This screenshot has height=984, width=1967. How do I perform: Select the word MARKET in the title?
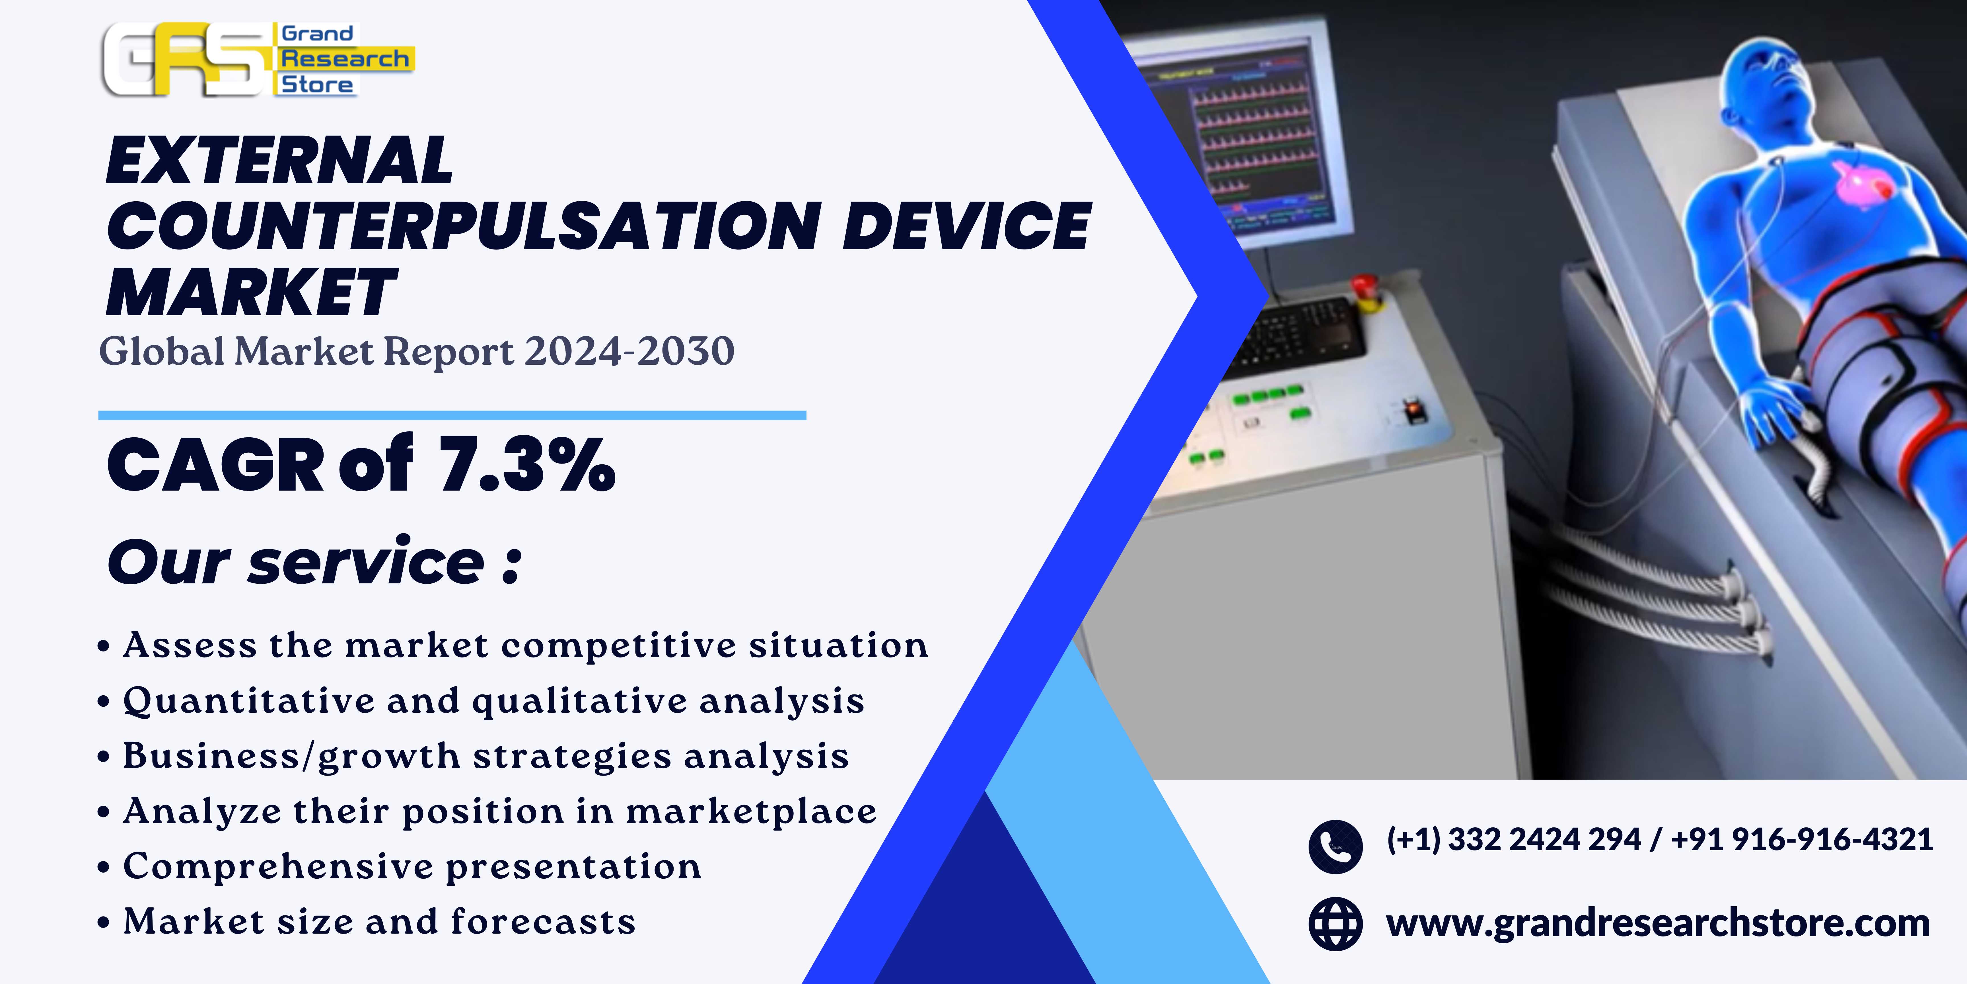coord(251,293)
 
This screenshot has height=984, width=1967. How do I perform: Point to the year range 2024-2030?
coord(629,351)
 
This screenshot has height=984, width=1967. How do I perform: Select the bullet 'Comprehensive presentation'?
coord(412,866)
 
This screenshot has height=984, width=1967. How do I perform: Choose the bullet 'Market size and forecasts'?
coord(380,921)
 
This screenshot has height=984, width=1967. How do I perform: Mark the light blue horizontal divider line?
coord(452,415)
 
